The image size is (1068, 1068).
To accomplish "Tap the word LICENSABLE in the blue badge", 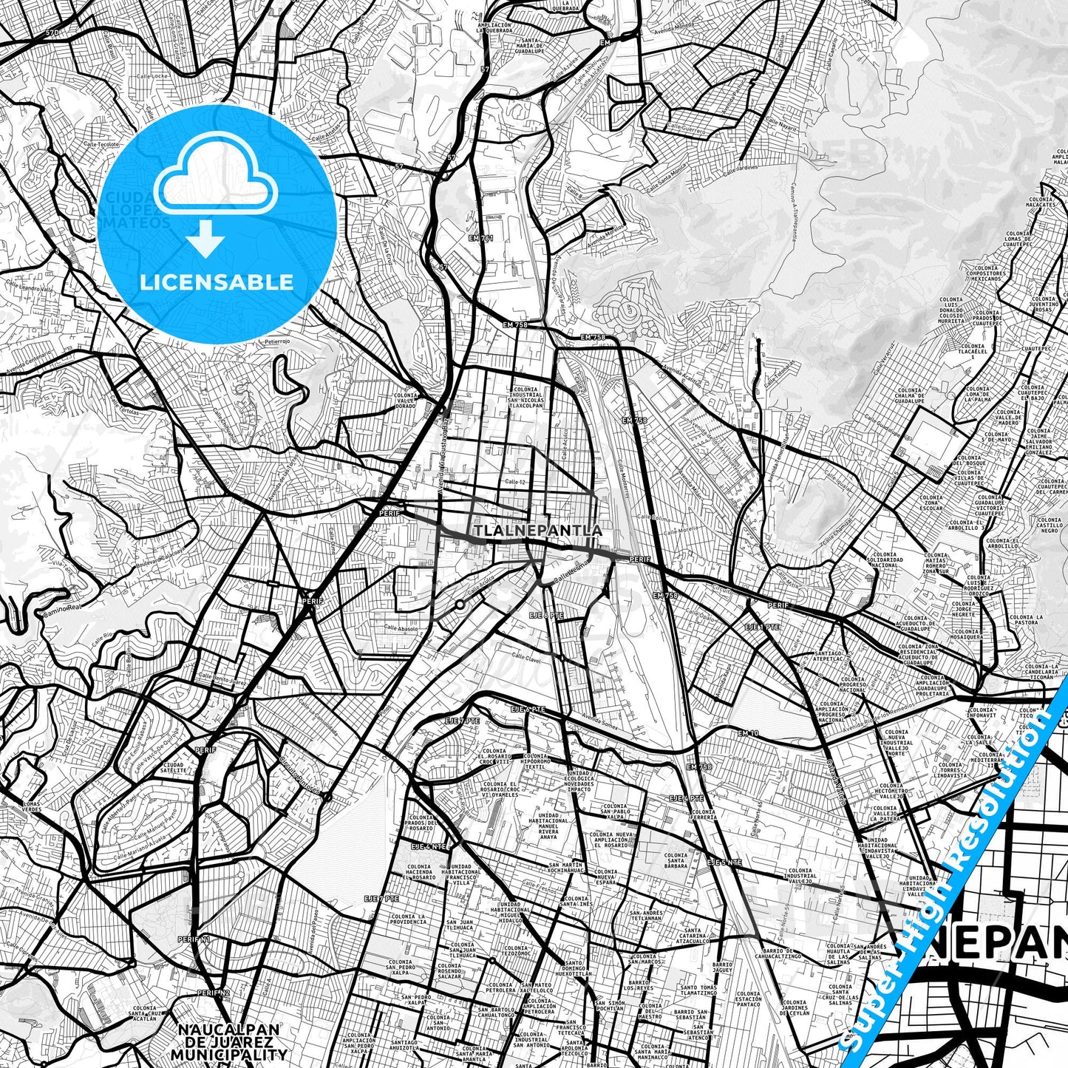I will click(x=217, y=282).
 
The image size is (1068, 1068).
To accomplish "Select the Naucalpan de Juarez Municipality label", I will click(x=228, y=1041).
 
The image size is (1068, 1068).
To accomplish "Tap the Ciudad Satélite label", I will click(x=174, y=768).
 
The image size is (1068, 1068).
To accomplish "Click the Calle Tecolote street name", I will click(x=101, y=144).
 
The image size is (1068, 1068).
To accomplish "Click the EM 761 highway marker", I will click(x=480, y=238).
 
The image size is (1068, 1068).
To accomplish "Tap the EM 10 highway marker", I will click(x=748, y=732).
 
